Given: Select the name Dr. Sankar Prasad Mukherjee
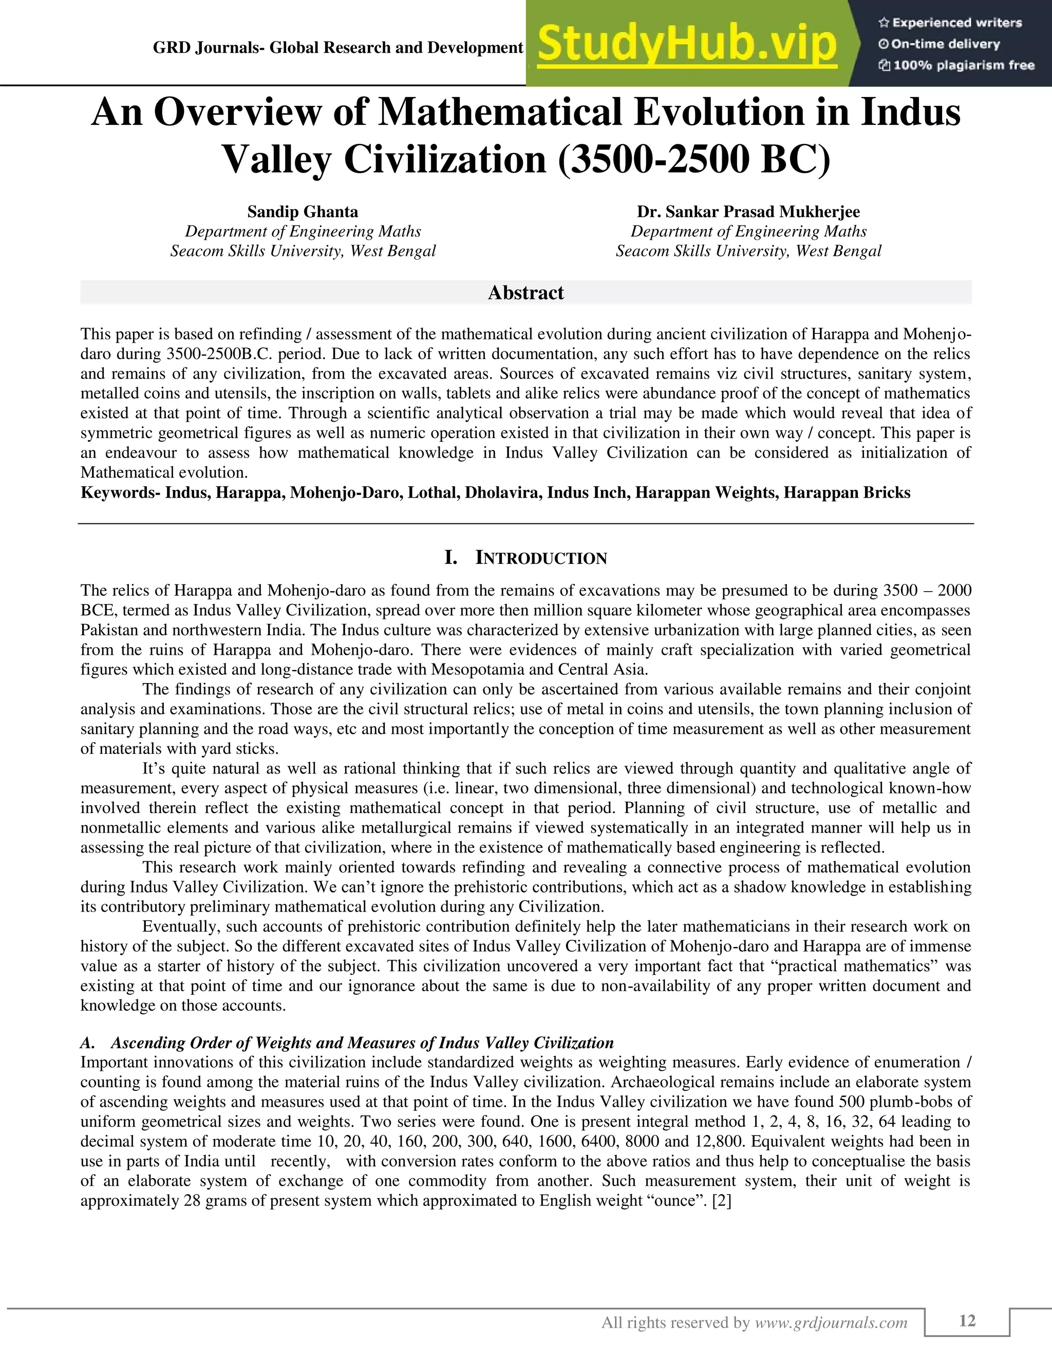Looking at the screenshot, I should click(x=748, y=212).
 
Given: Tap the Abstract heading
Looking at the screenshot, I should click(x=525, y=293).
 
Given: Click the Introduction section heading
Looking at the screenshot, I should click(x=540, y=558).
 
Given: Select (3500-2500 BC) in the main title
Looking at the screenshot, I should click(x=693, y=160).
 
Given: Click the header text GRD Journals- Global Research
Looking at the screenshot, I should click(x=337, y=48).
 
